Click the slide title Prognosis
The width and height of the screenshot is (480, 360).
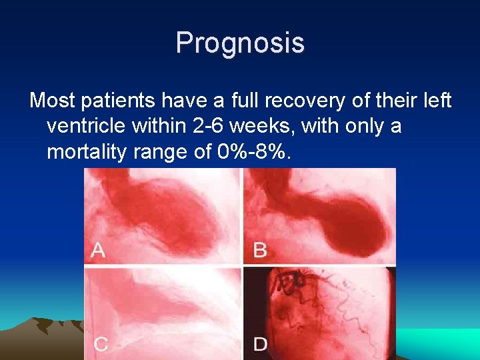pos(240,43)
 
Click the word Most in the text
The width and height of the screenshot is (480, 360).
pos(51,101)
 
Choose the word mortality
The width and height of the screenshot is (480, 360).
pos(90,152)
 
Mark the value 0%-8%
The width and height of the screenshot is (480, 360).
pos(255,152)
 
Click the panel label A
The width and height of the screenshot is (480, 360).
pos(97,250)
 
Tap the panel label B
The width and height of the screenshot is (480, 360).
pos(260,250)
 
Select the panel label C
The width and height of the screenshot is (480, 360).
pos(100,344)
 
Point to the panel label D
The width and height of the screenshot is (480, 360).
pos(261,344)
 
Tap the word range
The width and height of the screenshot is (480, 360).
pos(170,152)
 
